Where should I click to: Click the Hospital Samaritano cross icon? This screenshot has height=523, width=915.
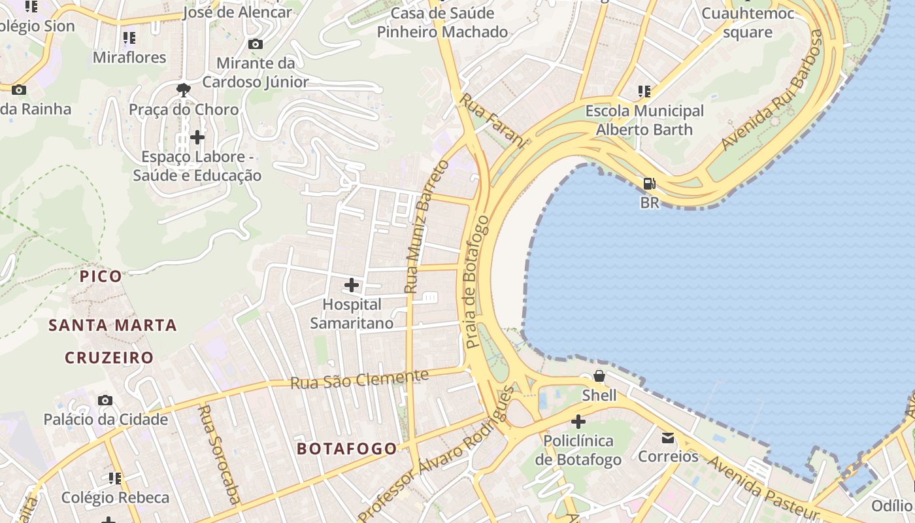tap(352, 285)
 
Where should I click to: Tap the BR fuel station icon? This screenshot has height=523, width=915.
tap(649, 184)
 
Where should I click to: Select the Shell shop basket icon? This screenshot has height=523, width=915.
tap(599, 376)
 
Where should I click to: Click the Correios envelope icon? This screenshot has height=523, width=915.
tap(668, 437)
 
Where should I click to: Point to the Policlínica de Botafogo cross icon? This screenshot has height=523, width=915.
tap(578, 422)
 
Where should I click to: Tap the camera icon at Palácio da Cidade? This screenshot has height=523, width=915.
tap(105, 400)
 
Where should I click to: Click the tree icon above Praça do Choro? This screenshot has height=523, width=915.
tap(184, 90)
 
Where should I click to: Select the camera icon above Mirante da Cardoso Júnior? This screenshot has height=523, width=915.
tap(256, 44)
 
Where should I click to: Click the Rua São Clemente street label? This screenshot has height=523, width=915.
tap(359, 379)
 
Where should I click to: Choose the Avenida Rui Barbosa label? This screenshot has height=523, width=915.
tap(772, 90)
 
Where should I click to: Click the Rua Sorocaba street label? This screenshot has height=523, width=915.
tap(218, 454)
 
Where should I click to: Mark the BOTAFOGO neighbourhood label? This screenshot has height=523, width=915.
tap(346, 448)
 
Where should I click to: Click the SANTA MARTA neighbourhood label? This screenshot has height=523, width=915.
tap(112, 325)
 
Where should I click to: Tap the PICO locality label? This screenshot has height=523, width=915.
tap(101, 276)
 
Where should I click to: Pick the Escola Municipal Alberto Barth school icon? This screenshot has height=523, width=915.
tap(644, 92)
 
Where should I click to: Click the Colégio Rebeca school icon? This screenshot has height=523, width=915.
tap(115, 479)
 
